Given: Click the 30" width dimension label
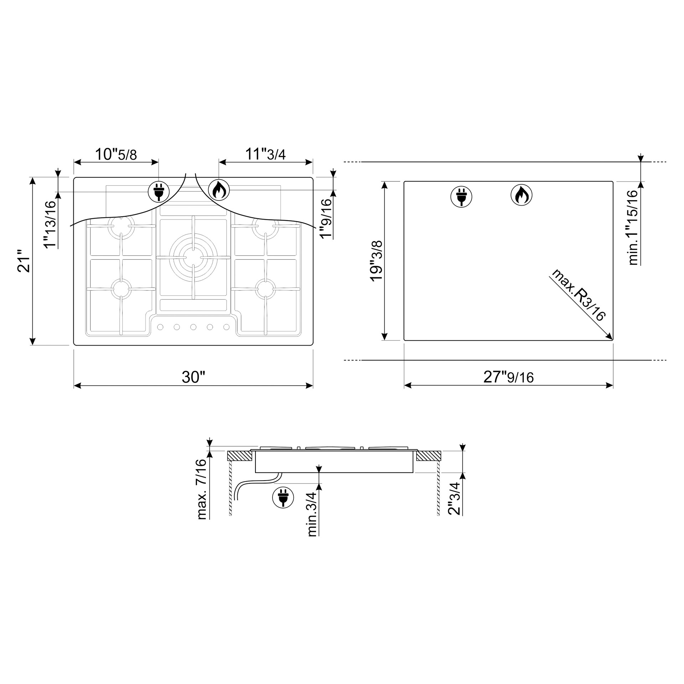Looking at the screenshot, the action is [x=193, y=377].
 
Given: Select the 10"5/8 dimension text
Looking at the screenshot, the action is [x=116, y=154].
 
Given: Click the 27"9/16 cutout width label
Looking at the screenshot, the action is [x=508, y=377].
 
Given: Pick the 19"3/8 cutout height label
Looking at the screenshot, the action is [x=376, y=261].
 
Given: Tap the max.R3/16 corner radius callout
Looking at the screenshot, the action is [x=578, y=295].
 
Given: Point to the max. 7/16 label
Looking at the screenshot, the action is [x=201, y=489].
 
